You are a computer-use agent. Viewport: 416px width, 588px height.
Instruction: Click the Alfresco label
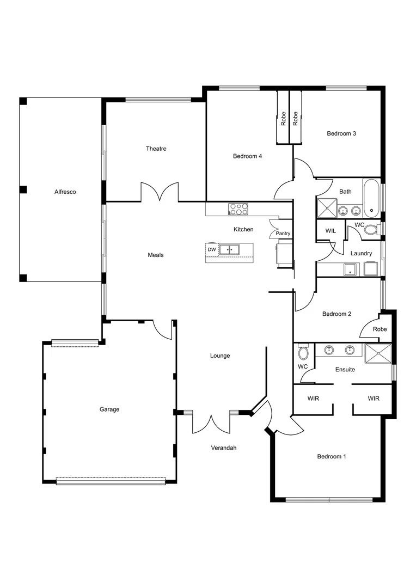pyautogui.click(x=65, y=192)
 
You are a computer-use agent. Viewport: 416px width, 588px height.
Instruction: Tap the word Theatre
pyautogui.click(x=156, y=149)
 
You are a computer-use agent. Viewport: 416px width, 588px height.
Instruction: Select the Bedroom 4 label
pyautogui.click(x=247, y=156)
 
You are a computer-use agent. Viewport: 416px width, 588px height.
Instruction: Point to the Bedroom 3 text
pyautogui.click(x=341, y=133)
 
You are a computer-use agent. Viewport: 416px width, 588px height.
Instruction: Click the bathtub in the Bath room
pyautogui.click(x=371, y=197)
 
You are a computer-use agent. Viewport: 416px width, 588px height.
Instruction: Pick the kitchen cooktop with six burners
pyautogui.click(x=238, y=209)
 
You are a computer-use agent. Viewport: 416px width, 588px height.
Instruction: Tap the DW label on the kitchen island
pyautogui.click(x=211, y=249)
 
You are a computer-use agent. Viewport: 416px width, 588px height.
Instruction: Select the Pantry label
pyautogui.click(x=283, y=234)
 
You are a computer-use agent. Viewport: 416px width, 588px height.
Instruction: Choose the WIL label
pyautogui.click(x=331, y=231)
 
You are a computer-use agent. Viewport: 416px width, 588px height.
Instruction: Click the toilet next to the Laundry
pyautogui.click(x=370, y=230)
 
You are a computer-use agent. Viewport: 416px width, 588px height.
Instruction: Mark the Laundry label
pyautogui.click(x=361, y=253)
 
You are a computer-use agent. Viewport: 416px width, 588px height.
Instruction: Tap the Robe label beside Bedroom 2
pyautogui.click(x=380, y=329)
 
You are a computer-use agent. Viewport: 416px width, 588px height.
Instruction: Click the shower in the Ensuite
pyautogui.click(x=378, y=353)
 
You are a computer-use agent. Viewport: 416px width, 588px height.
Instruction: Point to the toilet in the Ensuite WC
pyautogui.click(x=303, y=352)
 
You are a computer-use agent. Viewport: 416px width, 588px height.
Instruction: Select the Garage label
pyautogui.click(x=109, y=409)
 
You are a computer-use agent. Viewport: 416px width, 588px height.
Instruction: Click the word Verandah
pyautogui.click(x=224, y=448)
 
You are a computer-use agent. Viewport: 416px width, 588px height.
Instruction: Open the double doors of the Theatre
pyautogui.click(x=160, y=193)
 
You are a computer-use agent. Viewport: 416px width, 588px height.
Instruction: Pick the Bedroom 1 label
pyautogui.click(x=331, y=456)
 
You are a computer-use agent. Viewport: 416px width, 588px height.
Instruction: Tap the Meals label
pyautogui.click(x=156, y=255)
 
